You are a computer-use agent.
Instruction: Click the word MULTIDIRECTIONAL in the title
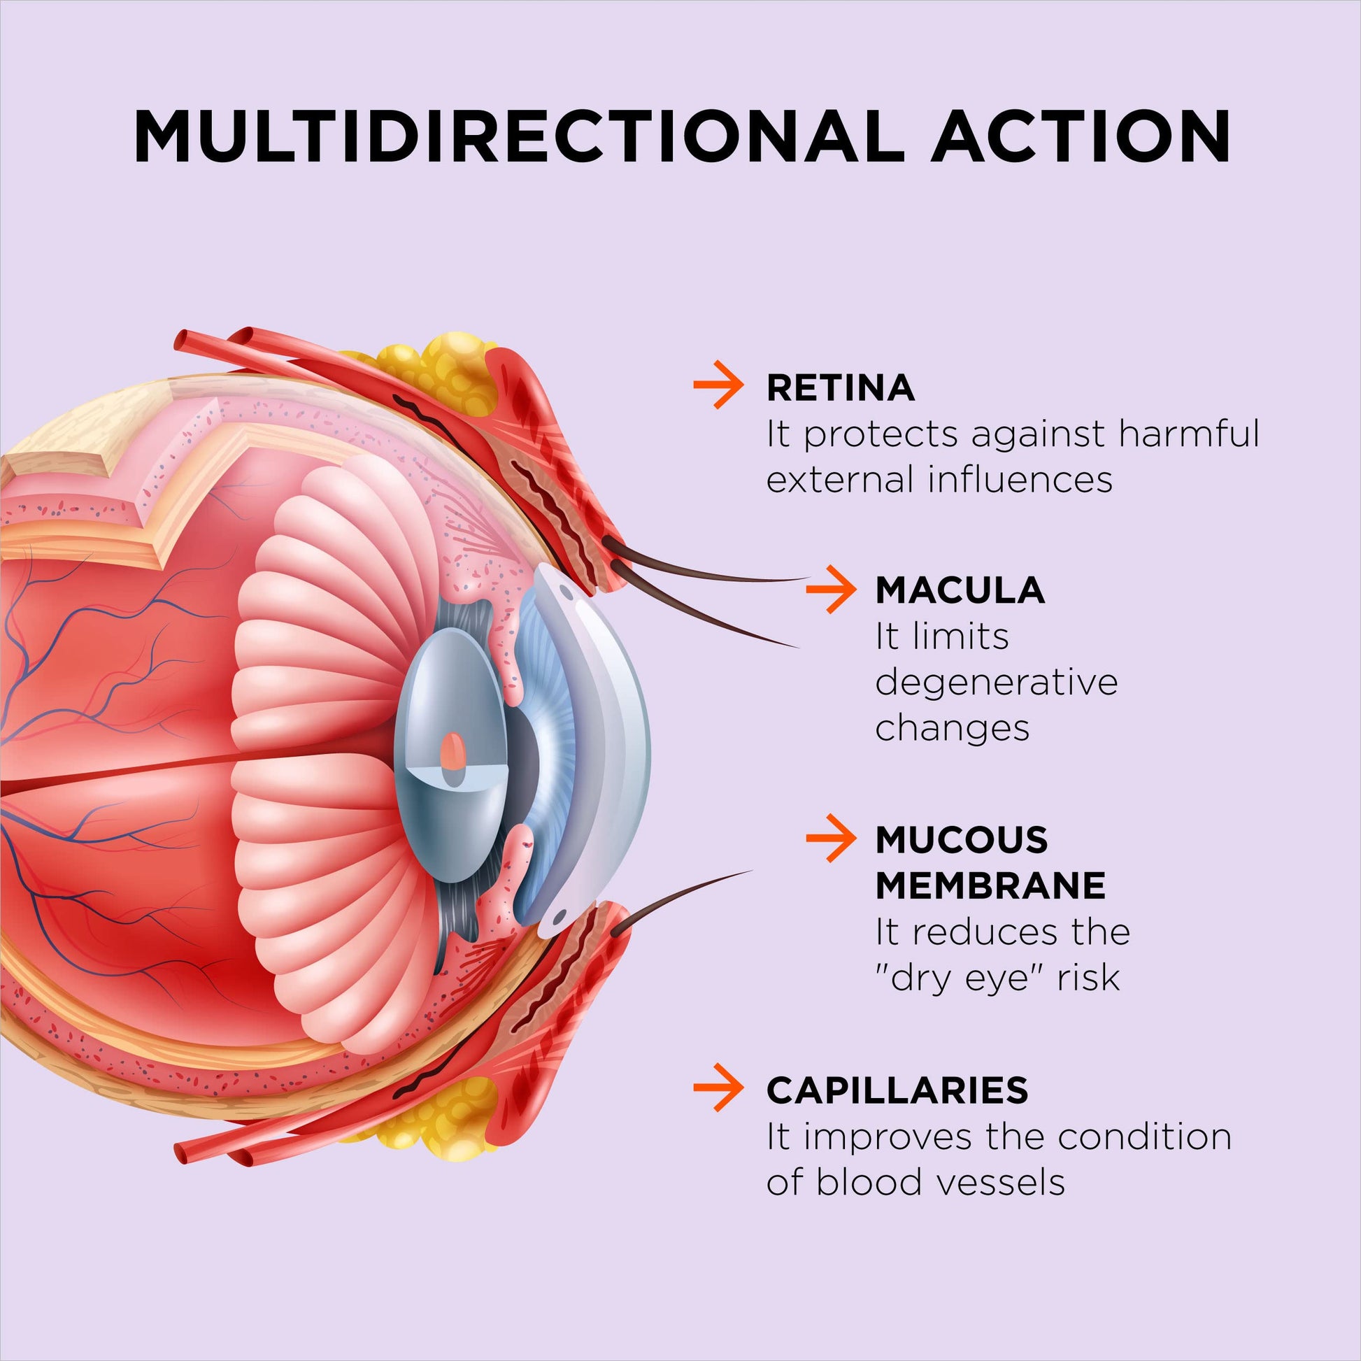tap(518, 136)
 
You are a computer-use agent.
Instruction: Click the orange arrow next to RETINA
tap(718, 385)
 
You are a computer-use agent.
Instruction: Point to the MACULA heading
tap(960, 590)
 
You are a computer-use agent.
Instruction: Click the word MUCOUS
tap(962, 839)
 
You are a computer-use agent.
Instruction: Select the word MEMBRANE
tap(990, 885)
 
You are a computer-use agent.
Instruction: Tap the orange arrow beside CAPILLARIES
tap(718, 1088)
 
